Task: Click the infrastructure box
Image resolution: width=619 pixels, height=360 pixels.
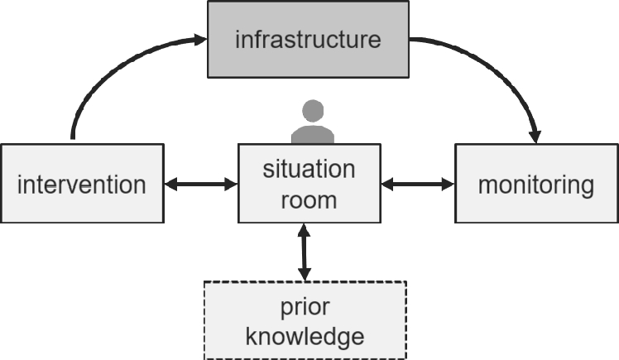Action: tap(308, 38)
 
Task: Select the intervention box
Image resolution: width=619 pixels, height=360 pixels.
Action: tap(82, 183)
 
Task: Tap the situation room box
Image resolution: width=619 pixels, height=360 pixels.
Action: tap(309, 184)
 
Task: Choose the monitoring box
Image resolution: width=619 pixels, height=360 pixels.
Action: tap(535, 183)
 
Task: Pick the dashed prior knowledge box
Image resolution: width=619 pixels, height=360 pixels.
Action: tap(305, 320)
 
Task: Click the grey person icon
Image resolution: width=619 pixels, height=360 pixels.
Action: tap(312, 124)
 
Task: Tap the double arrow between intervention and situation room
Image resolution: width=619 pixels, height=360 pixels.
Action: tap(201, 184)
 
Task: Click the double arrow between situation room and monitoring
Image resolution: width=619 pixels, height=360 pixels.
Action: tap(417, 184)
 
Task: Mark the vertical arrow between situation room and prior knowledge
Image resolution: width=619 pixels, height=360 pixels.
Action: tap(305, 252)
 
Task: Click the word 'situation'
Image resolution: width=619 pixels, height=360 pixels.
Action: tap(309, 169)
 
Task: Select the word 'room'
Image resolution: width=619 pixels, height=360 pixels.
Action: tap(309, 199)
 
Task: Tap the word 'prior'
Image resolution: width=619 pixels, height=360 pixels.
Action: tap(305, 307)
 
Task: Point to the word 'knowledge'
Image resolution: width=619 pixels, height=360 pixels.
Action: tap(305, 335)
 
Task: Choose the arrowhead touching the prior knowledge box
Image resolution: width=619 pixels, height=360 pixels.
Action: tap(305, 274)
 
